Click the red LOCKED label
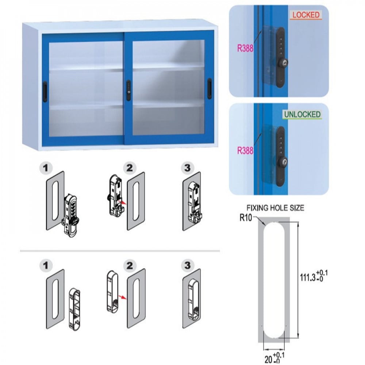[306, 15]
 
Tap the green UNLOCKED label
[302, 114]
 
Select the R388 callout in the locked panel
[245, 49]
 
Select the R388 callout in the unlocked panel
[245, 151]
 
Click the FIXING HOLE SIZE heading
[275, 208]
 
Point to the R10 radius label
[246, 218]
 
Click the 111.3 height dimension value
[313, 276]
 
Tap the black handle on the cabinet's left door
[45, 92]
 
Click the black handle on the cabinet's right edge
[210, 89]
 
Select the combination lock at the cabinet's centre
[128, 90]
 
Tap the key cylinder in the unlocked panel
[283, 161]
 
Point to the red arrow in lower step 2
[122, 297]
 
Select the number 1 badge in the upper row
[46, 168]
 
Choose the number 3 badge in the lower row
[187, 265]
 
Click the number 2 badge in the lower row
[130, 265]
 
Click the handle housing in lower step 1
[74, 310]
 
